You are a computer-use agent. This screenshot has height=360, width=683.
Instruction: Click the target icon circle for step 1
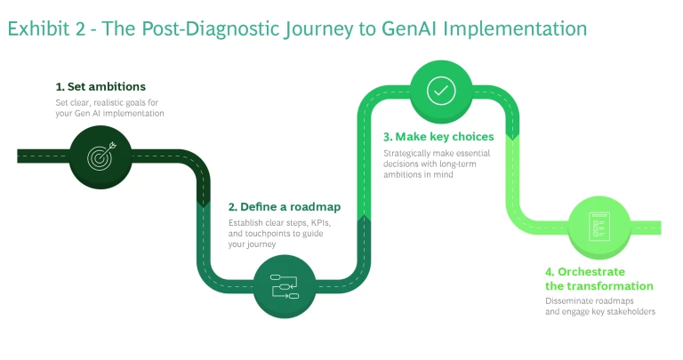[x=100, y=156]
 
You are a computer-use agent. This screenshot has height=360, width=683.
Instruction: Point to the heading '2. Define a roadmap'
[x=285, y=206]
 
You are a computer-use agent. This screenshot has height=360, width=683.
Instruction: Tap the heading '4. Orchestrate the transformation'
[x=599, y=278]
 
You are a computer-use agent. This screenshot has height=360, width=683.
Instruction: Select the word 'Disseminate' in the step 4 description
[x=568, y=300]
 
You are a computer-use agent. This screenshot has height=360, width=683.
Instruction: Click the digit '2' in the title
[x=83, y=28]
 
